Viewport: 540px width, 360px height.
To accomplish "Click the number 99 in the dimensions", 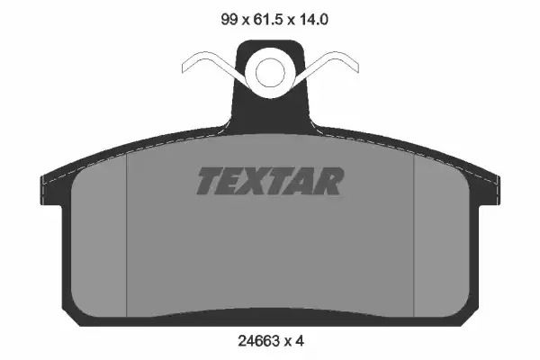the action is click(229, 19).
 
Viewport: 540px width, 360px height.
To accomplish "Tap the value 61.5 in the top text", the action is click(268, 19).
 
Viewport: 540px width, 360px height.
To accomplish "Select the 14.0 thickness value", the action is click(314, 19).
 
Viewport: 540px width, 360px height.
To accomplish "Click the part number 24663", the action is click(258, 341).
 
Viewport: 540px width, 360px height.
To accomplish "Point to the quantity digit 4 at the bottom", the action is click(300, 341).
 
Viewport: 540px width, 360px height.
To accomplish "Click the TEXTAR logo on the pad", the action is click(270, 181).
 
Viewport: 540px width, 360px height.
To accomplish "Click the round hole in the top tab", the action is click(270, 73).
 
